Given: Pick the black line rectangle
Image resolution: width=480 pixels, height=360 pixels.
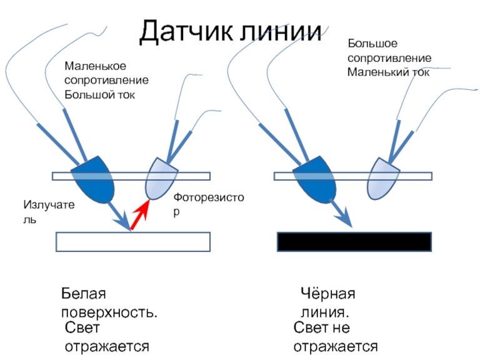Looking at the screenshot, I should [354, 241].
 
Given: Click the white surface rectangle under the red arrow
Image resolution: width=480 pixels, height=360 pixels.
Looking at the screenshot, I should [133, 241].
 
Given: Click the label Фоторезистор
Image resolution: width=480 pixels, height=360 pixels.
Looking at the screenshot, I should [208, 204].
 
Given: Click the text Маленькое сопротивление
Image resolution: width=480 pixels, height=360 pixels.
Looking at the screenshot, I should [106, 73].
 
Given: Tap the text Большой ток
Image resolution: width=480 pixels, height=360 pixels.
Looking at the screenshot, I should [99, 95].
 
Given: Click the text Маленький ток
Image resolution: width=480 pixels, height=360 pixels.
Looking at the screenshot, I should [388, 72].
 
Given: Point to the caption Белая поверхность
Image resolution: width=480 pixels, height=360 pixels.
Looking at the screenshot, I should [109, 302].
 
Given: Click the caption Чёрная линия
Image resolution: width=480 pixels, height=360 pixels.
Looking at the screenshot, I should [327, 302].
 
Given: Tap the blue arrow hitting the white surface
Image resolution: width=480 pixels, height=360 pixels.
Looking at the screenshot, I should [119, 216].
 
